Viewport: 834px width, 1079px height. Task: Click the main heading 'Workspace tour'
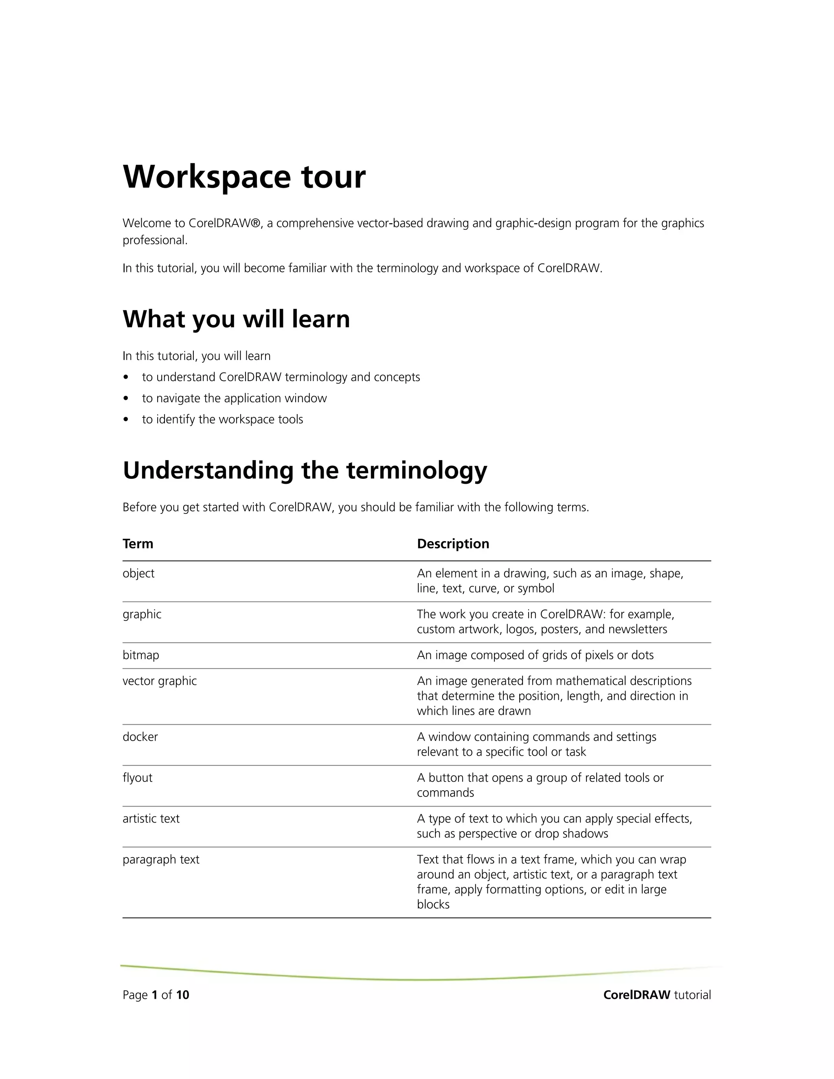[244, 177]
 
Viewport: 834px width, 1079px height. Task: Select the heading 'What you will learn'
[236, 319]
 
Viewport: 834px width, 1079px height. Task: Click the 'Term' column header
[138, 544]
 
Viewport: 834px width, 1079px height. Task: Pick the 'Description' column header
[452, 544]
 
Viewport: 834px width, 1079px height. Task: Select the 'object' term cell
[138, 573]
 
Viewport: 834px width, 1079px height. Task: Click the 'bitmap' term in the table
[141, 655]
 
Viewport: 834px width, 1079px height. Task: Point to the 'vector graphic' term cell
[160, 681]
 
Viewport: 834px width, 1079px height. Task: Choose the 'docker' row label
[140, 737]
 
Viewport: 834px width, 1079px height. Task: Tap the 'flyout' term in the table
[137, 778]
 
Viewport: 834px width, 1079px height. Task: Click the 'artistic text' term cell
[151, 819]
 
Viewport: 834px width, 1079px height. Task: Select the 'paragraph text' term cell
[161, 860]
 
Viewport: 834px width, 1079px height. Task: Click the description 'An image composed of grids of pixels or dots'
[535, 655]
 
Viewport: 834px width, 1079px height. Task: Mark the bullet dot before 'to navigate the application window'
[127, 398]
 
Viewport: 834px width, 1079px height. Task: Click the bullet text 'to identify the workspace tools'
[222, 419]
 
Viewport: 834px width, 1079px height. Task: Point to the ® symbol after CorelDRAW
[255, 223]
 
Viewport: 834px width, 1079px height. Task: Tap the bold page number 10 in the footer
[183, 995]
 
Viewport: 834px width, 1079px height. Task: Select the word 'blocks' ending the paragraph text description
[433, 905]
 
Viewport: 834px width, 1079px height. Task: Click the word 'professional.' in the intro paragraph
[155, 241]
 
